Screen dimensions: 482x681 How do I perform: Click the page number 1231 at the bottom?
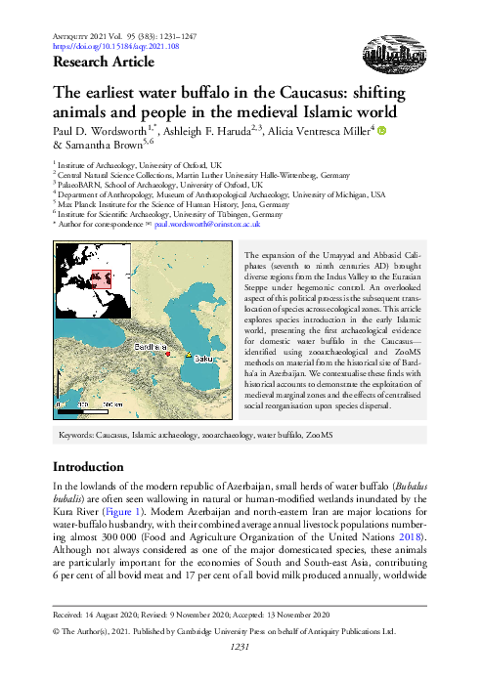point(241,672)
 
